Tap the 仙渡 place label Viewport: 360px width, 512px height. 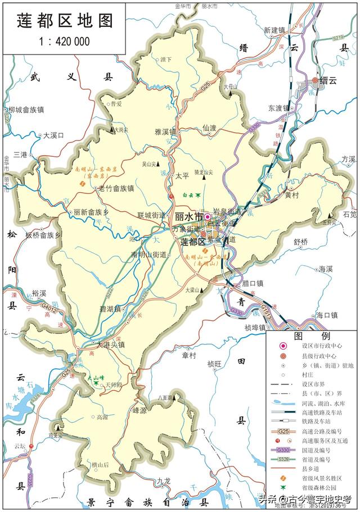coord(209,128)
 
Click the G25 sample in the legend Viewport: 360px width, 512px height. coord(285,432)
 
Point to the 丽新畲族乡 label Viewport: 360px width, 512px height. coord(91,213)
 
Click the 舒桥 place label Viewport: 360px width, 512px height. coord(301,242)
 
